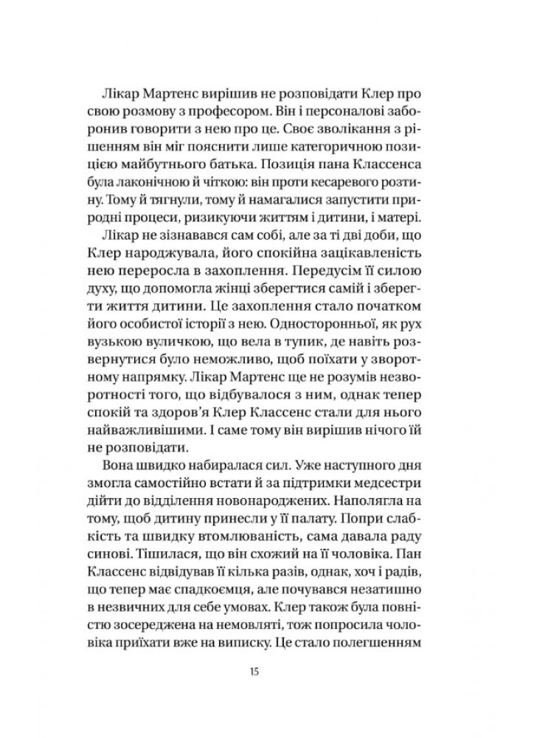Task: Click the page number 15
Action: (x=269, y=673)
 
